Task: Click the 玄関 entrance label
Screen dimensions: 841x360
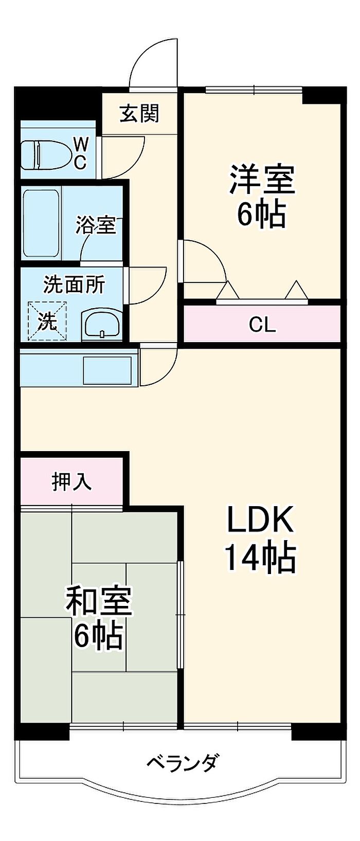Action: tap(139, 113)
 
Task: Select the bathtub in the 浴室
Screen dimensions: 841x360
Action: tap(41, 224)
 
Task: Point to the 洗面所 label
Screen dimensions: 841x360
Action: tap(74, 284)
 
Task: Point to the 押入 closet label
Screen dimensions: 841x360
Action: tap(72, 481)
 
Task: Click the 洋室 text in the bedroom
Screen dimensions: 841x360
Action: tap(262, 179)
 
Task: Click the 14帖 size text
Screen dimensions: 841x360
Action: tap(260, 558)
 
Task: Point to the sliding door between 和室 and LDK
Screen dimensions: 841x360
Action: tap(180, 615)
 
